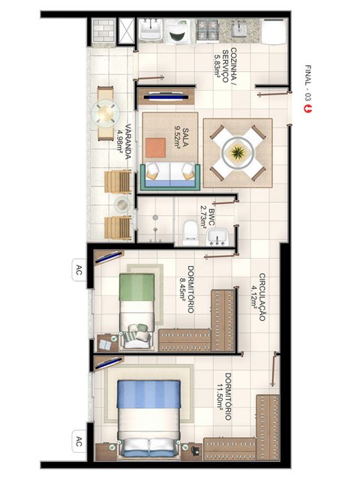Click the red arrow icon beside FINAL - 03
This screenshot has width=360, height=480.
(307, 109)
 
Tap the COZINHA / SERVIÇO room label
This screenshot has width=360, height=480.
(225, 65)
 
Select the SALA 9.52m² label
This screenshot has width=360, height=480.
(181, 138)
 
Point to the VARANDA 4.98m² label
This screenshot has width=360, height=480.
(124, 142)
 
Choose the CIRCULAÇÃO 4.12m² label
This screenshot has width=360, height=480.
(258, 297)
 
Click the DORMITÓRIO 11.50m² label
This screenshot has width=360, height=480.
(224, 396)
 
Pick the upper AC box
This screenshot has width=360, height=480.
(79, 270)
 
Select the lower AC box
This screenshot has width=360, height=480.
(79, 441)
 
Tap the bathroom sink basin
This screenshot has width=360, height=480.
(217, 237)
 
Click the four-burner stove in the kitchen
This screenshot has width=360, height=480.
(208, 30)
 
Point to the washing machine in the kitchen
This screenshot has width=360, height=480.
(178, 31)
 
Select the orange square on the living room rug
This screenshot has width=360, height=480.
(155, 148)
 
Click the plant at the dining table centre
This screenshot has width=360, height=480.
(238, 151)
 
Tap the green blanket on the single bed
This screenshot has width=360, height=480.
(136, 287)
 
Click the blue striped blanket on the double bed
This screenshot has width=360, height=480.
(148, 394)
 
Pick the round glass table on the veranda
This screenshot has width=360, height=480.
(106, 113)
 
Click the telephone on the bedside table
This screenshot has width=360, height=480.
(195, 450)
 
